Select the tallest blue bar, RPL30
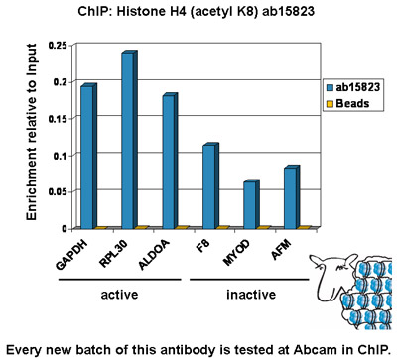tap(129, 140)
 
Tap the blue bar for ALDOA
tap(170, 161)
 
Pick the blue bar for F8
tap(210, 185)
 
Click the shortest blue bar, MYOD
tap(251, 204)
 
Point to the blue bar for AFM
tap(292, 197)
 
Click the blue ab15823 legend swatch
tap(330, 87)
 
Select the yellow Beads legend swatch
tap(330, 104)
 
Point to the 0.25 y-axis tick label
tap(58, 46)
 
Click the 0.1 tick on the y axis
tap(61, 156)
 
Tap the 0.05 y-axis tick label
tap(58, 192)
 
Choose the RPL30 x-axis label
tap(113, 254)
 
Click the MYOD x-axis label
tap(236, 253)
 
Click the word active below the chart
tap(119, 294)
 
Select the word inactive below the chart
tap(251, 294)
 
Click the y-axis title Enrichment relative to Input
tap(31, 132)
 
